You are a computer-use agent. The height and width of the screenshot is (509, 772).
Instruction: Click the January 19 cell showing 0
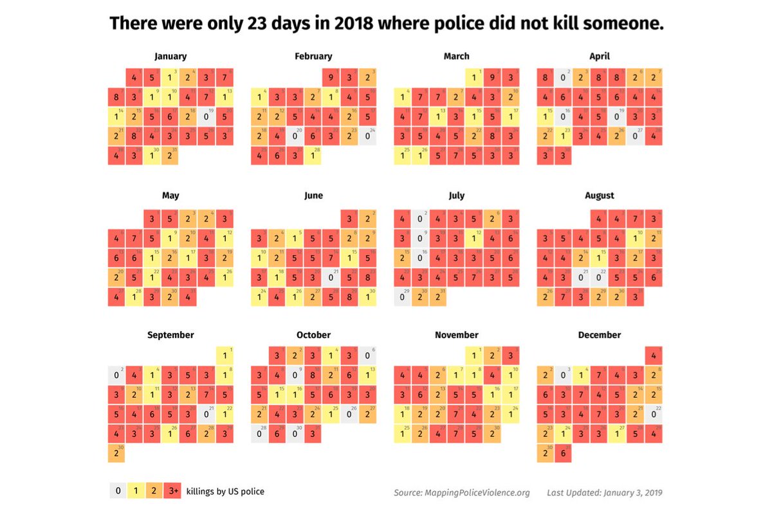point(206,118)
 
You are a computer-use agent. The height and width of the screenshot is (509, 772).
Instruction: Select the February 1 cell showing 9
point(331,78)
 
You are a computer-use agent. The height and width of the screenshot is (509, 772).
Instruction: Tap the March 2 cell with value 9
point(492,78)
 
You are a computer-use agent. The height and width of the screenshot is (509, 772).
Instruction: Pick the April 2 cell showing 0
point(564,78)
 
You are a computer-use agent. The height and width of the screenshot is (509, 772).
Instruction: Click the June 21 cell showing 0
point(331,278)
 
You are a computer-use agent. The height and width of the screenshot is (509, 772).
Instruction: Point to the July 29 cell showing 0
point(403,298)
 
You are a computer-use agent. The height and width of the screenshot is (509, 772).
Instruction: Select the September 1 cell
point(225,355)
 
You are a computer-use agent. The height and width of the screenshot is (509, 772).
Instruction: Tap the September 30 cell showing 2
point(116,453)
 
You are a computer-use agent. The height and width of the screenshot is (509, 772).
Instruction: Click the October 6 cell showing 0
point(367,355)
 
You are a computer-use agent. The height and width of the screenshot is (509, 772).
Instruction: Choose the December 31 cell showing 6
point(564,453)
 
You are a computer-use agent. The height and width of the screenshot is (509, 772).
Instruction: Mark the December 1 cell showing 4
point(654,355)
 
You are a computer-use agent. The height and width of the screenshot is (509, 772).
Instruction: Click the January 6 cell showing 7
point(225,78)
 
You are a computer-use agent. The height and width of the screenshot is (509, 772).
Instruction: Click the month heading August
point(600,195)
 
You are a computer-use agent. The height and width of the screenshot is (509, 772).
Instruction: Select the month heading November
point(456,335)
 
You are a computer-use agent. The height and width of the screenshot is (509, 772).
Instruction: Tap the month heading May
point(170,195)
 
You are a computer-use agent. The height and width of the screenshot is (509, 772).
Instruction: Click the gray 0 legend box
point(118,492)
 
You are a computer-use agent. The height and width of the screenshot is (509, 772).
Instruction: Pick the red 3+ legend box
point(172,492)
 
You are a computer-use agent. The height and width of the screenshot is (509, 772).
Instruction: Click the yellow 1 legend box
point(136,492)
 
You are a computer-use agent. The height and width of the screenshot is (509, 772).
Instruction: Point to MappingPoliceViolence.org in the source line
point(477,493)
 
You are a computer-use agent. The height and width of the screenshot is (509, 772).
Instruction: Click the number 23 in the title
point(256,24)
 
